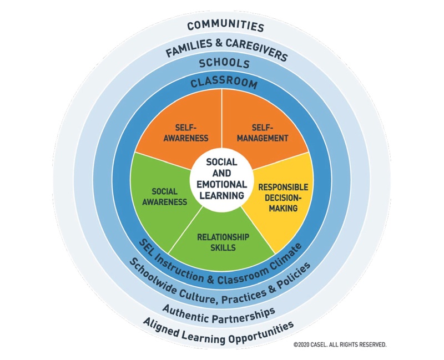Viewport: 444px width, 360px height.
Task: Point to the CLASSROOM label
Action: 224,84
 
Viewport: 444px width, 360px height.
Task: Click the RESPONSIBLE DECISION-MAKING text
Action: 282,197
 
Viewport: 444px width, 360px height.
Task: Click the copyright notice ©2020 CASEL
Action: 340,344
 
